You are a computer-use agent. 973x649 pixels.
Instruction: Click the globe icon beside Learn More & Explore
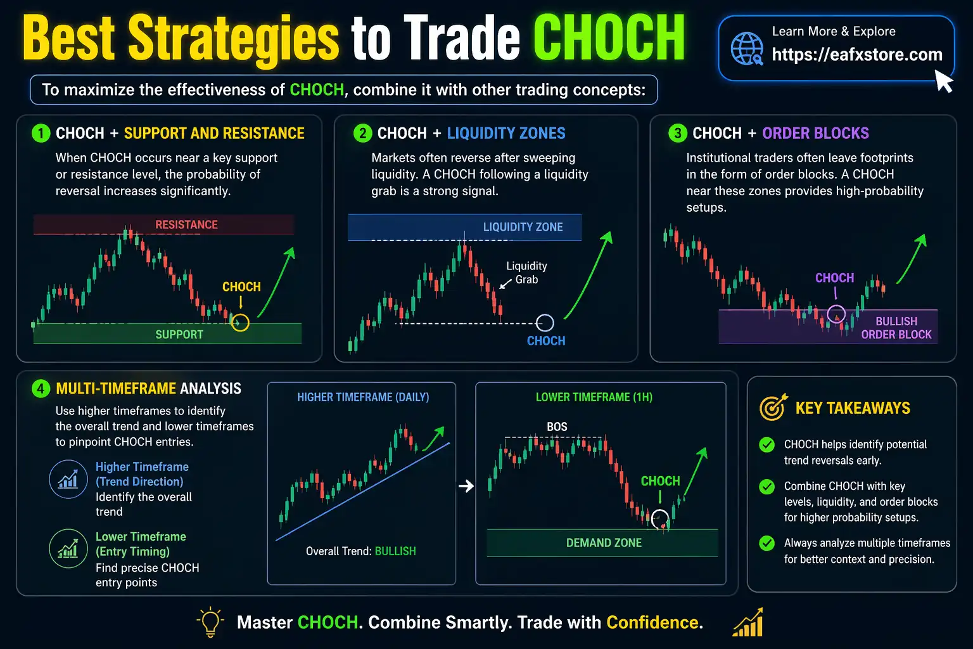click(x=747, y=49)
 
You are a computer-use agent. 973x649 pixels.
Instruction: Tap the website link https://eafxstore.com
click(x=856, y=55)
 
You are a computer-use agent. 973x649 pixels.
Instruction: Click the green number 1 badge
click(x=41, y=133)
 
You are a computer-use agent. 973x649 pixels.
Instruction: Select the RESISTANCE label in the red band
click(x=186, y=225)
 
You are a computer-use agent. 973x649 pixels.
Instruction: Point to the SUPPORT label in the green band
click(x=179, y=335)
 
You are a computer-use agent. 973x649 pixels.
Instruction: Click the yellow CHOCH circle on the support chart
click(x=240, y=323)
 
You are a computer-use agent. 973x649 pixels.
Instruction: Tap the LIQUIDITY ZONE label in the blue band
click(x=523, y=227)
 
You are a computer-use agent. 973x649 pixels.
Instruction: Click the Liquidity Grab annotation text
click(x=526, y=273)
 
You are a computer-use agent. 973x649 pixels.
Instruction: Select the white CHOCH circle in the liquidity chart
click(x=545, y=323)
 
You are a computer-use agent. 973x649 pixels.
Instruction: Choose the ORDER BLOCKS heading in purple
click(x=815, y=133)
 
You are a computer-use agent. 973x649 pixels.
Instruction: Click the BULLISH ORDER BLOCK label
click(x=896, y=328)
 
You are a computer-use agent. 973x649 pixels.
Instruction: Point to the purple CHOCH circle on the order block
click(x=836, y=314)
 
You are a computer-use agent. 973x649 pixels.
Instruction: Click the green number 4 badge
click(x=41, y=389)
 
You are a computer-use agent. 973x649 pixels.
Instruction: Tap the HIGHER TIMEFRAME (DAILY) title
click(x=363, y=397)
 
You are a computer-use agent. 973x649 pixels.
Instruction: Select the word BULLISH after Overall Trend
click(x=395, y=551)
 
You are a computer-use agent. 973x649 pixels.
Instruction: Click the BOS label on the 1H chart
click(x=557, y=427)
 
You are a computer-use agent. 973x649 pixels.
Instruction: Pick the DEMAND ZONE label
click(x=604, y=543)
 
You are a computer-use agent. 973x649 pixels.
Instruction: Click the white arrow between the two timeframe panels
click(x=466, y=486)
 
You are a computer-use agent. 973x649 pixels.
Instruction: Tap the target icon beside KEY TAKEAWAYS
click(x=773, y=408)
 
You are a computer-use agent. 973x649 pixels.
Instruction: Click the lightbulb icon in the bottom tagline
click(x=210, y=622)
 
